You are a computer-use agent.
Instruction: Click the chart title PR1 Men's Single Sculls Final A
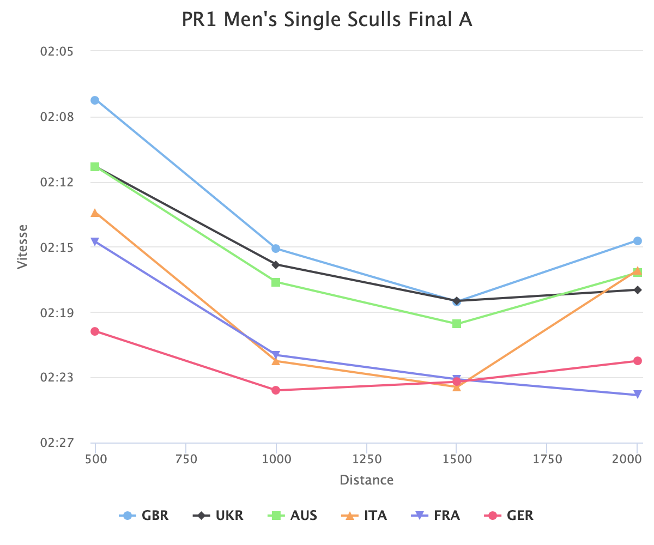(x=326, y=20)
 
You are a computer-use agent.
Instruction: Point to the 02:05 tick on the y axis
(x=57, y=51)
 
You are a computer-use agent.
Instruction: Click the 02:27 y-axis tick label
(x=57, y=443)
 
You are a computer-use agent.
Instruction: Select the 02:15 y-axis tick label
(x=57, y=247)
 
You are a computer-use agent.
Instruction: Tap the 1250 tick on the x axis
(x=367, y=459)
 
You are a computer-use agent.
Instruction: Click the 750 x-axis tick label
(x=186, y=459)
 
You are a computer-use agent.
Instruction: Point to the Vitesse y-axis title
(x=22, y=247)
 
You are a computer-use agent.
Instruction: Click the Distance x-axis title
(x=366, y=480)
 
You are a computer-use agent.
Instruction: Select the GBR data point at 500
(x=95, y=100)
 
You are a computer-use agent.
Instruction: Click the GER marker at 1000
(x=276, y=390)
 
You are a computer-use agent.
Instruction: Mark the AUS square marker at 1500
(x=457, y=324)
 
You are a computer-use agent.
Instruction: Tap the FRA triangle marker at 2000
(x=638, y=395)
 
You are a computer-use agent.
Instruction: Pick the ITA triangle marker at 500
(x=95, y=213)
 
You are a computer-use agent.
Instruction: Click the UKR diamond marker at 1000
(x=276, y=265)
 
